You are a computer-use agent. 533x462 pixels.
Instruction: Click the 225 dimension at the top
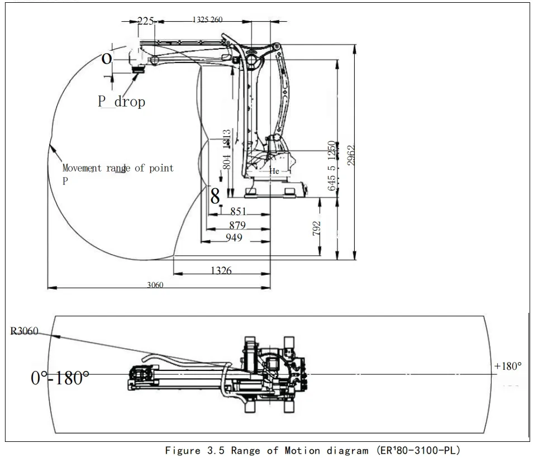tap(145, 21)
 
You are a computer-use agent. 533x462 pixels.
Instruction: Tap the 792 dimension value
tap(317, 229)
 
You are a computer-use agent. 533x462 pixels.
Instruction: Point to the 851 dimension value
tap(238, 212)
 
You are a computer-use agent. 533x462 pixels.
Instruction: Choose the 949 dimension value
tap(234, 238)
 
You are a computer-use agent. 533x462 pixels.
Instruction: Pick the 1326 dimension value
tap(221, 270)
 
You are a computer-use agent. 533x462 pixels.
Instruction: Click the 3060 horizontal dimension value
tap(155, 285)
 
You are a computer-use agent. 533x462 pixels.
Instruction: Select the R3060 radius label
tap(24, 331)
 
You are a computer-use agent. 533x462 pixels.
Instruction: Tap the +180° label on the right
tap(507, 366)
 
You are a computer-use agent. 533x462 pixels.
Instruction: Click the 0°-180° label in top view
tap(60, 378)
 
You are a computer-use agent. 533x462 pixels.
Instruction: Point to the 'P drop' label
tap(121, 101)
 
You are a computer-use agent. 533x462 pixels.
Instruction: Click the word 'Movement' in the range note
tap(82, 168)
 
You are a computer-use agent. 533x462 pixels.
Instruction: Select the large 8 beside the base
tap(215, 196)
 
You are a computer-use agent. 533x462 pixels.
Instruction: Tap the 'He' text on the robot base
tap(274, 171)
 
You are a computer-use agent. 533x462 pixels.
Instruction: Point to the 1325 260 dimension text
tap(207, 20)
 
